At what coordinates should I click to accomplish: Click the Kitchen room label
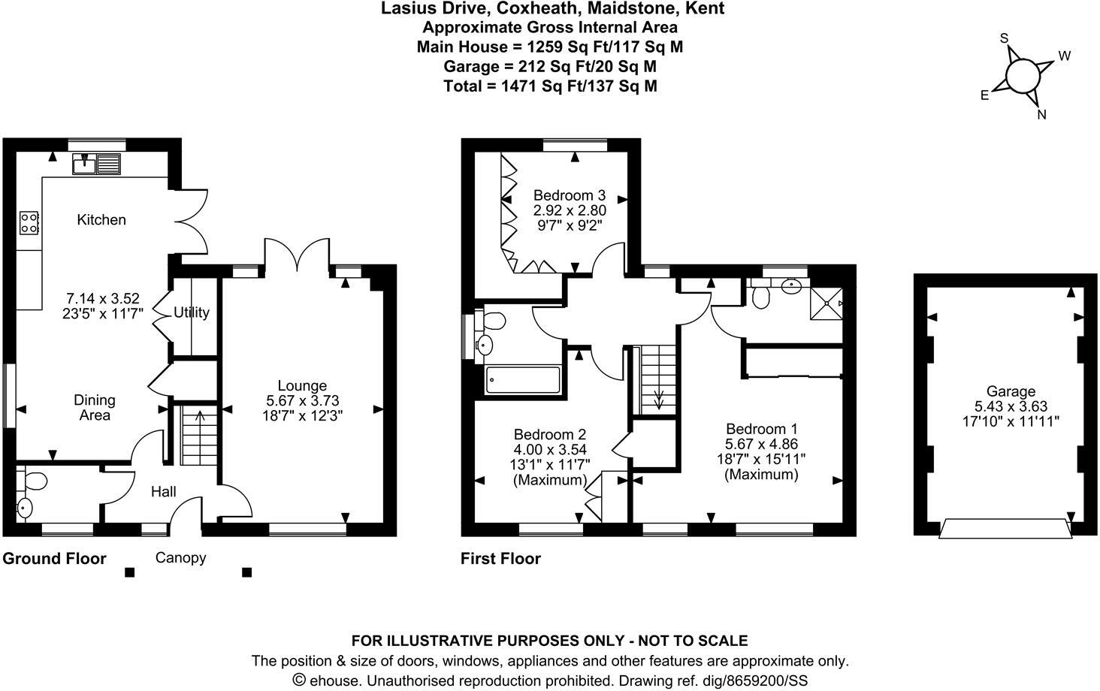(101, 220)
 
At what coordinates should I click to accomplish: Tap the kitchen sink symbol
(96, 163)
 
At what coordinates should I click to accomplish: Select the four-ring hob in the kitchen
(29, 222)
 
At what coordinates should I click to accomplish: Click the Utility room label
(191, 312)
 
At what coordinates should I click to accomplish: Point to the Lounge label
(302, 386)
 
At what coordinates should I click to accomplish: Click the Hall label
(163, 492)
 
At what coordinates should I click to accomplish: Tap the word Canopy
(180, 558)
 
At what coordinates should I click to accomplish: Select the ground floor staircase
(200, 436)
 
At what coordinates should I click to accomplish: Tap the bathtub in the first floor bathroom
(523, 380)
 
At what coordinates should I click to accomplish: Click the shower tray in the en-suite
(826, 303)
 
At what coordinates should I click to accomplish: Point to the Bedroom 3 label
(569, 196)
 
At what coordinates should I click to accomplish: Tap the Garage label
(1011, 391)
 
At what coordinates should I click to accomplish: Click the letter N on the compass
(1041, 115)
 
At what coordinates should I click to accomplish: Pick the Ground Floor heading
(54, 559)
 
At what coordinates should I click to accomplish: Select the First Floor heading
(500, 559)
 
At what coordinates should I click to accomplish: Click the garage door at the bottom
(1005, 529)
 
